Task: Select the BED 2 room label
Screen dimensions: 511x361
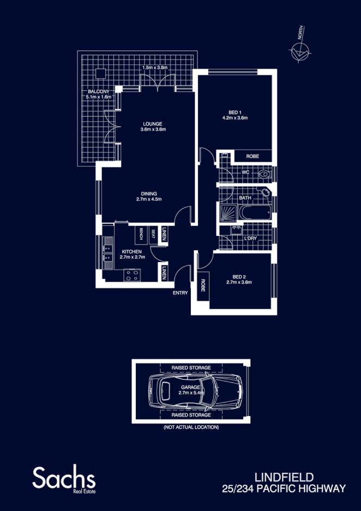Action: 239,276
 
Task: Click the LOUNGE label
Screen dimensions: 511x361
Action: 153,124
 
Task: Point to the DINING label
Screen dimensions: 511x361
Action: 149,193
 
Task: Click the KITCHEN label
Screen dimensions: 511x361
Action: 132,252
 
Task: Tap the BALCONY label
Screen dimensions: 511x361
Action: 98,91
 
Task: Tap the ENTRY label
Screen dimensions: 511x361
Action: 180,293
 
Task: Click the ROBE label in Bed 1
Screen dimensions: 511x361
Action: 252,157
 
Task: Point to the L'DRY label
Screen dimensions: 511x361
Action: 250,239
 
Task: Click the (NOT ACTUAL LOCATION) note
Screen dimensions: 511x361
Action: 191,427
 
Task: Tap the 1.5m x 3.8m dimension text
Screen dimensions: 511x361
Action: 154,67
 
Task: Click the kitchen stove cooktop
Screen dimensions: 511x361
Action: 131,276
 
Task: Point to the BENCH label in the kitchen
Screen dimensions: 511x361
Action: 141,234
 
